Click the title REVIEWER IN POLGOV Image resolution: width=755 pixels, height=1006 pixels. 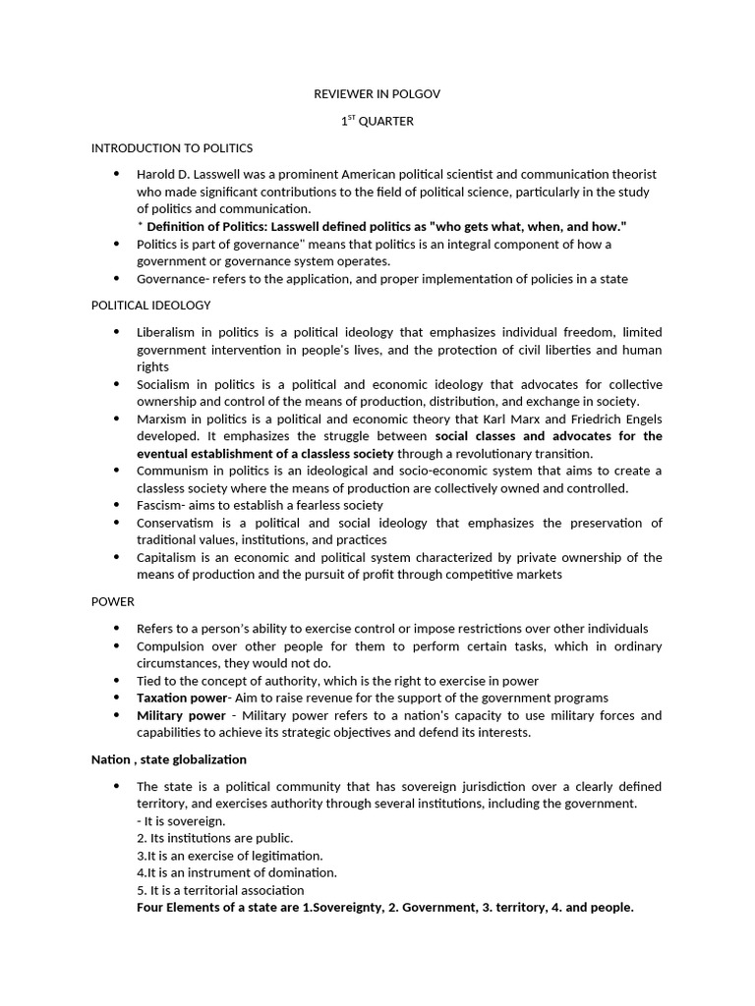coord(377,93)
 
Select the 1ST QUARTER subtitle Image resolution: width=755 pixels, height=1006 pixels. coord(377,121)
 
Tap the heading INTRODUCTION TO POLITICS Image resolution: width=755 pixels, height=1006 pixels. coord(172,148)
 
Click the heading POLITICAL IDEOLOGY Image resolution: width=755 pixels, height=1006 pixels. coord(150,306)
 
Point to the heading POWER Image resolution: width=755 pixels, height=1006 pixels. coord(112,601)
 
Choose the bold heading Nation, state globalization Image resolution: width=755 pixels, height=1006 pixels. coord(169,759)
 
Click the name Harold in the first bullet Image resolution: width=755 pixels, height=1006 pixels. coord(155,174)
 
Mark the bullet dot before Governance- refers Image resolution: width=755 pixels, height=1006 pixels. coord(117,279)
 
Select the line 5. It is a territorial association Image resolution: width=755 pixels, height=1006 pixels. coord(220,890)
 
